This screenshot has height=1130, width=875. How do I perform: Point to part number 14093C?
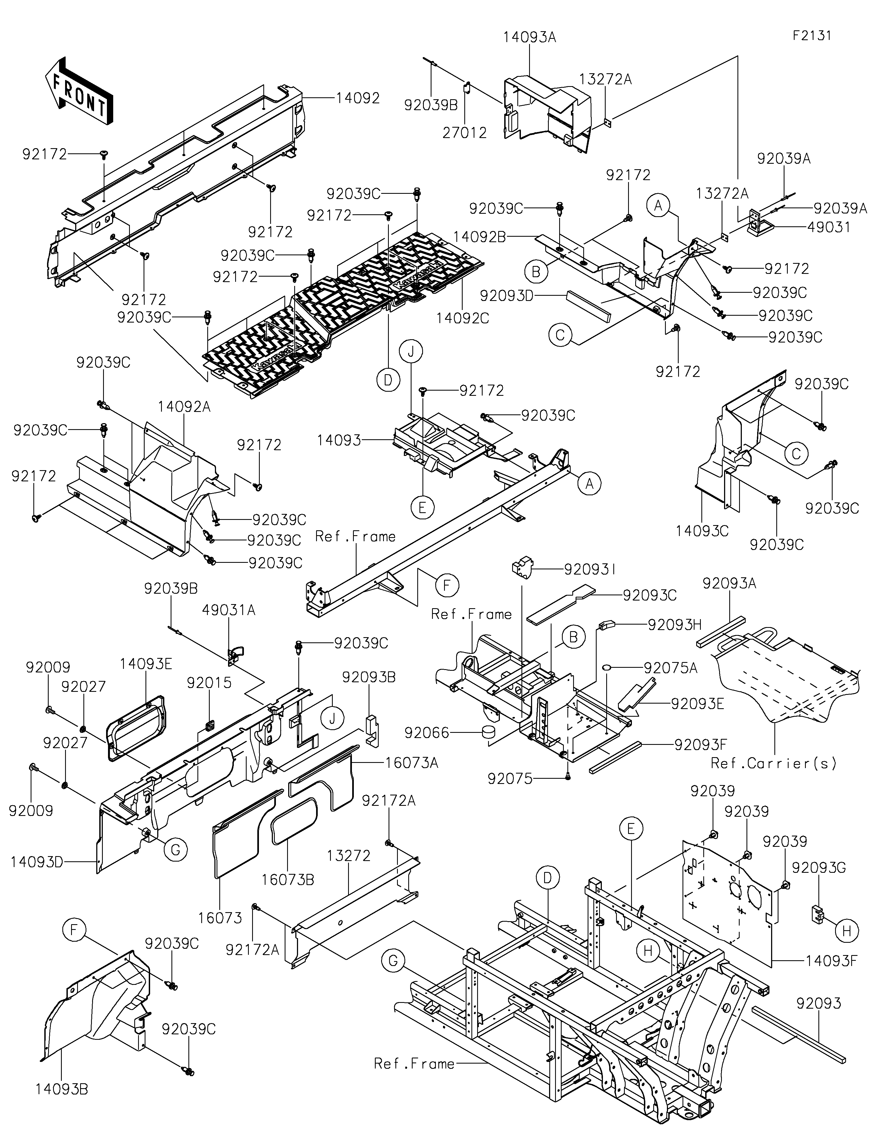702,531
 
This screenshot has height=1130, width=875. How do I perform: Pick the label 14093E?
146,664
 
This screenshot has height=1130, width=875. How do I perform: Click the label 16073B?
288,880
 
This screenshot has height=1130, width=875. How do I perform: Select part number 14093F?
831,961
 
